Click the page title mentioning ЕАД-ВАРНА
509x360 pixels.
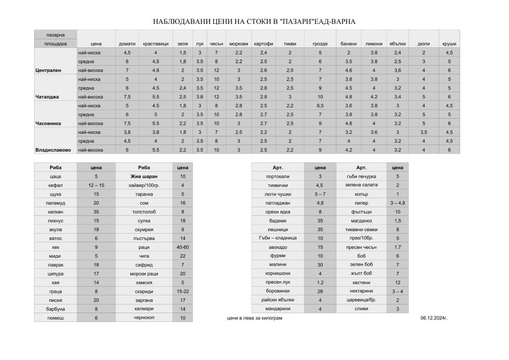(254, 22)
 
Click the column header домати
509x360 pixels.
(127, 44)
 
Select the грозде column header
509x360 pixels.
(320, 44)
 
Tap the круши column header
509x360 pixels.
(449, 44)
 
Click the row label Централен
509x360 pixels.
(48, 70)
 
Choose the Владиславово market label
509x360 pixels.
(53, 150)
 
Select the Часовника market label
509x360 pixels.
(48, 123)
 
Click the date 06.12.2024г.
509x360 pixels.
(434, 318)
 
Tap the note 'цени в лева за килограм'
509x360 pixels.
(254, 318)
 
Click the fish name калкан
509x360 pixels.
(56, 212)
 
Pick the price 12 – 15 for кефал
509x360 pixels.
(96, 185)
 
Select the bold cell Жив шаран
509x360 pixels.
(144, 176)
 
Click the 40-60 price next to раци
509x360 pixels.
(182, 247)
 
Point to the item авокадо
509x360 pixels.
(278, 247)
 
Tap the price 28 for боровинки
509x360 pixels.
(320, 291)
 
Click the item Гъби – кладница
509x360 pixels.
(278, 238)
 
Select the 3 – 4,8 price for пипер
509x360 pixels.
(398, 203)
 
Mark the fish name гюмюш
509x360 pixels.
(56, 318)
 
